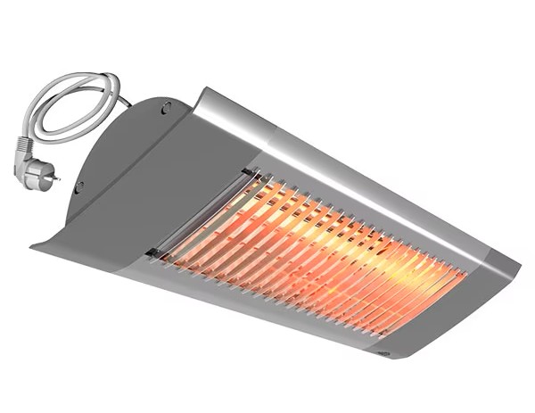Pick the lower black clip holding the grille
[153, 253]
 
